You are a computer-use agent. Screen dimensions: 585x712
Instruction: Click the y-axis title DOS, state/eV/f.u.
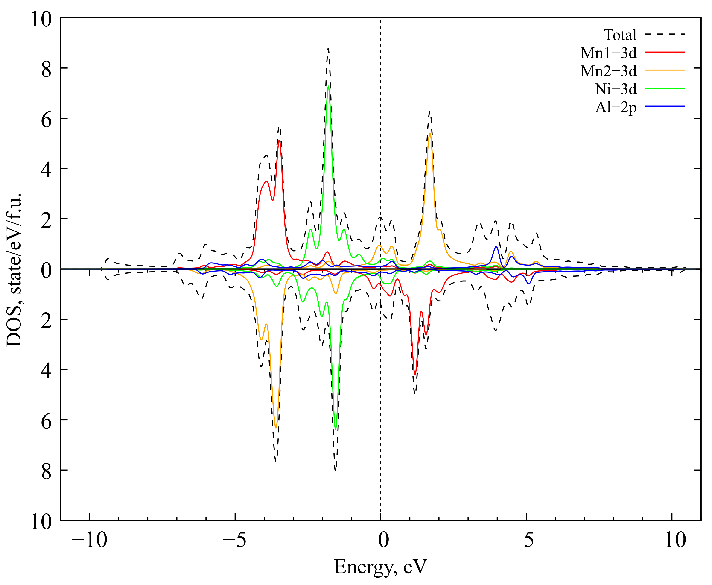[x=14, y=270]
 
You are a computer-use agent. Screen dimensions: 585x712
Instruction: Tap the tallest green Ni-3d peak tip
[x=328, y=86]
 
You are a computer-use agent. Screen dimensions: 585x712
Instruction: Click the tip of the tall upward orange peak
[x=430, y=133]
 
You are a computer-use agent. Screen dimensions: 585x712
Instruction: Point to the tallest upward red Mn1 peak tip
[x=279, y=140]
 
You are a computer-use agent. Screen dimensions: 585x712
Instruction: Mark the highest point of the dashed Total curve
[x=328, y=49]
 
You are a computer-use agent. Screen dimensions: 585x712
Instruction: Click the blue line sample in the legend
[x=665, y=106]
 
